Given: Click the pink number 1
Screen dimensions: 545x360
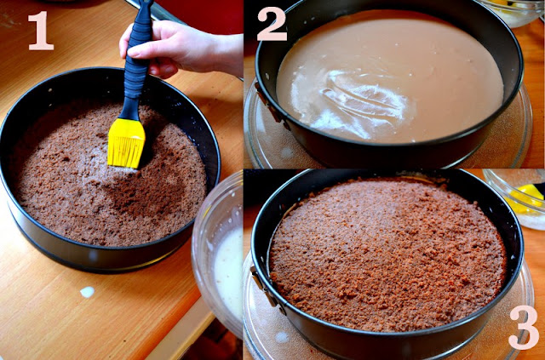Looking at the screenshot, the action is click(41, 31).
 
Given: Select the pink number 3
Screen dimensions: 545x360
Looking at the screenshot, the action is click(524, 328).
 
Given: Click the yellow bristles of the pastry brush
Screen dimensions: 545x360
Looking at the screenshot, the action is click(126, 143).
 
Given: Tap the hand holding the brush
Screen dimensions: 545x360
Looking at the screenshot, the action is click(181, 49).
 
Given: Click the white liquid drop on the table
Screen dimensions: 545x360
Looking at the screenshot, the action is click(87, 292).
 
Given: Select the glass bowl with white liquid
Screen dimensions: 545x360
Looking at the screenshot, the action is click(217, 254).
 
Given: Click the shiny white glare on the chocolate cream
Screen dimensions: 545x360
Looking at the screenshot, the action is click(361, 100).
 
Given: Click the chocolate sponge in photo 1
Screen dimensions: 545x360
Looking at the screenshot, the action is click(108, 180).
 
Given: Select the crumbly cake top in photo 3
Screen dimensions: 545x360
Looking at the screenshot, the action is click(387, 254).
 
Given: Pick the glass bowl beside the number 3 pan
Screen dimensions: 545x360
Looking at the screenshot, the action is click(514, 199).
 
